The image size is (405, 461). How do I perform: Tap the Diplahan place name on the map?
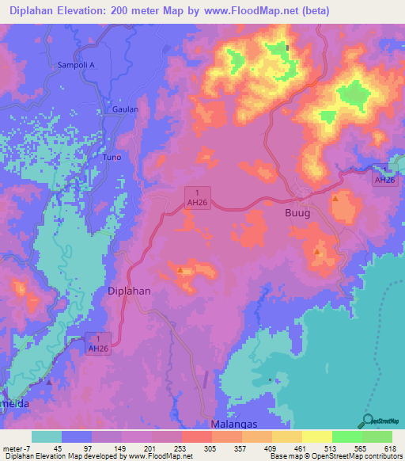click(128, 291)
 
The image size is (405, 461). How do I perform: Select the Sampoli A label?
click(76, 65)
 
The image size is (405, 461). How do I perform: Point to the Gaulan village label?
click(125, 109)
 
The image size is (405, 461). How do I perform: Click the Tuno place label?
click(112, 157)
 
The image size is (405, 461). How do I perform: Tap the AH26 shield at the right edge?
click(384, 175)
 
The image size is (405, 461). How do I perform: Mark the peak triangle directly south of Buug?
click(317, 252)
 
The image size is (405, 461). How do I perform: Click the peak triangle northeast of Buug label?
click(335, 197)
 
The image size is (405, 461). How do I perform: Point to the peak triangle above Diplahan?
click(181, 271)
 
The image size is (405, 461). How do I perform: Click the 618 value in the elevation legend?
click(390, 448)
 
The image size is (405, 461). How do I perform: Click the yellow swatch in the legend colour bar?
click(317, 436)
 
